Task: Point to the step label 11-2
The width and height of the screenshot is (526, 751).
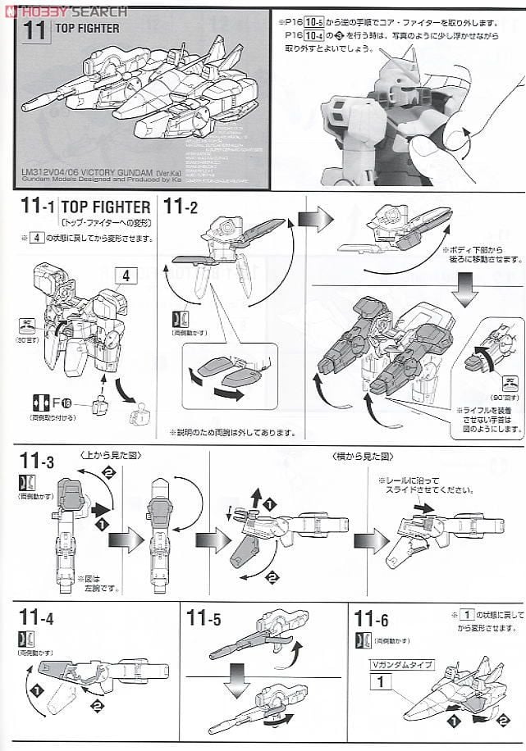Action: pos(181,207)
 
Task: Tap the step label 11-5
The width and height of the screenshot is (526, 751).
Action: pos(204,617)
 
